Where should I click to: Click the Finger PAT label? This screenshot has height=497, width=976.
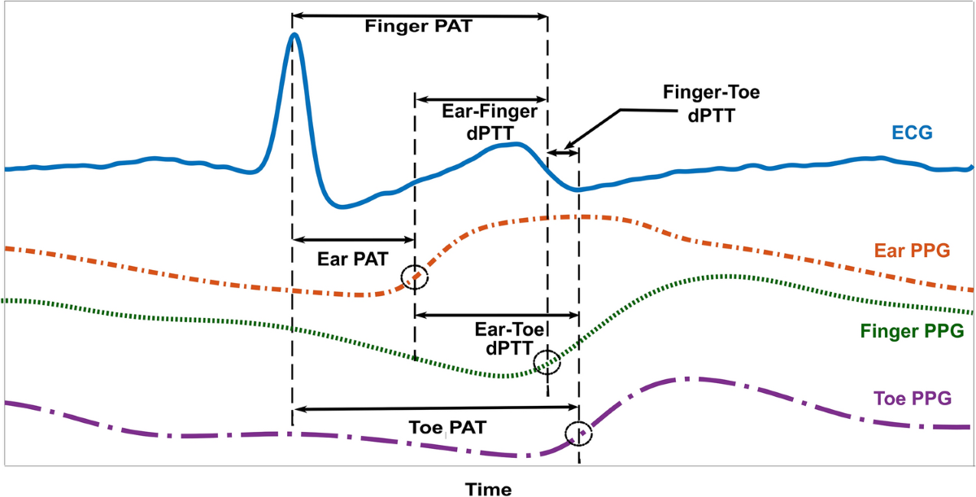[420, 25]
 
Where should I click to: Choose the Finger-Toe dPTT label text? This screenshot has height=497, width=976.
[711, 103]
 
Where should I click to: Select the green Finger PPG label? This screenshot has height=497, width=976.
[912, 332]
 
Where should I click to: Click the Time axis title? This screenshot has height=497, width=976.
[488, 489]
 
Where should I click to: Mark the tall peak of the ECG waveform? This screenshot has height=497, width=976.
[294, 35]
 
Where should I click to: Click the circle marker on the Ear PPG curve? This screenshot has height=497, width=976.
[415, 277]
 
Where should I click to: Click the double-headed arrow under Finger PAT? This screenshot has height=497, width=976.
[420, 15]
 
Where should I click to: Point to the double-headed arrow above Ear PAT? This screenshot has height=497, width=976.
[354, 240]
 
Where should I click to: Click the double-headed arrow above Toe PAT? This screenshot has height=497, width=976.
[436, 408]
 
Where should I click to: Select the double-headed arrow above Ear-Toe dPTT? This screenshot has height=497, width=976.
[497, 314]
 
